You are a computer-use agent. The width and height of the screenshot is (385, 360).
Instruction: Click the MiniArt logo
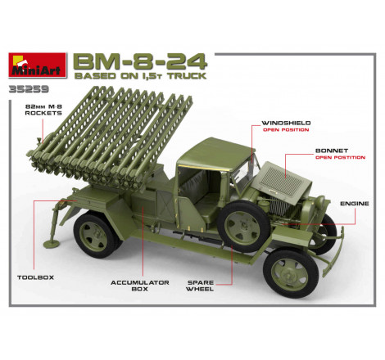pos(38,65)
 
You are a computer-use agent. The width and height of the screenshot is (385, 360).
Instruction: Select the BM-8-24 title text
pos(141,62)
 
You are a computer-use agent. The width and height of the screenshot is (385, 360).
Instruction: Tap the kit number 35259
pos(29,89)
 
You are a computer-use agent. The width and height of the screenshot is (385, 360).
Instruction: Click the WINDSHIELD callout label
pos(286,123)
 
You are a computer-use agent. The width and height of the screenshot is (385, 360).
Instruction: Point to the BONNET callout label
pos(332,151)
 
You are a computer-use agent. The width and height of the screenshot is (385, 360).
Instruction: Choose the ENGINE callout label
pos(354,204)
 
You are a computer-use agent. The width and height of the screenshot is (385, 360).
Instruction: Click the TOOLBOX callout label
pos(35,277)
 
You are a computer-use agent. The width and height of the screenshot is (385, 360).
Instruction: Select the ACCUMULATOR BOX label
pos(140,286)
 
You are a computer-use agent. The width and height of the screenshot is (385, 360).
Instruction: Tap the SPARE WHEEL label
pos(200,286)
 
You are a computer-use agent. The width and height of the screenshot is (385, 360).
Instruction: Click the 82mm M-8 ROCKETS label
pos(43,110)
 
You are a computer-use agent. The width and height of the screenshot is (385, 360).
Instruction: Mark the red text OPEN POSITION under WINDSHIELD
pos(286,130)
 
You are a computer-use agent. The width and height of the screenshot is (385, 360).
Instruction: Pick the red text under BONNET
pos(340,157)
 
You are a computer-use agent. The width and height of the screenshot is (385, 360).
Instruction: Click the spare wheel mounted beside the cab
pos(244,226)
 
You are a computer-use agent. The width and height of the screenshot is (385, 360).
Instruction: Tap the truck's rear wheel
pos(97,235)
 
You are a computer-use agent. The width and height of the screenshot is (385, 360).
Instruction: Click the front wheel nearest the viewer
pos(291,273)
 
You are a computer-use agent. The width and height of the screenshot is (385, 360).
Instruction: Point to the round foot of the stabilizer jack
pos(52,243)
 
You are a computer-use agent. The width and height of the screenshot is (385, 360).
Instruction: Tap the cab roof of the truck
pos(215,153)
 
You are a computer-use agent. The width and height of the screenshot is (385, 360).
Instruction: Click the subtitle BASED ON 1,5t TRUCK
pos(140,76)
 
